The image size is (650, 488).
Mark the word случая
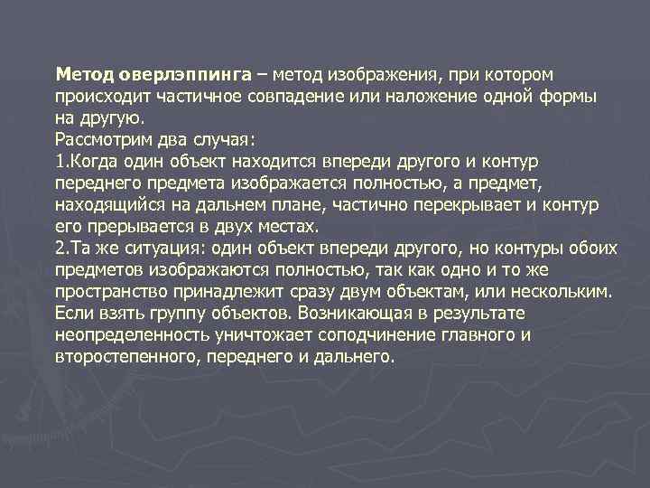(227, 138)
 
